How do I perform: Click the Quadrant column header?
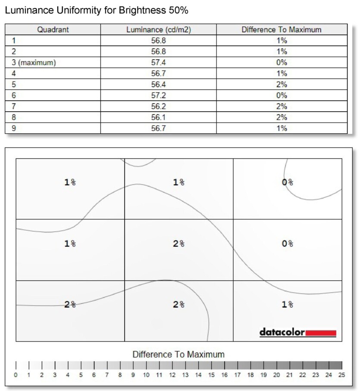click(53, 30)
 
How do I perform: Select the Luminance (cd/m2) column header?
click(158, 30)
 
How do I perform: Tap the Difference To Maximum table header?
click(282, 30)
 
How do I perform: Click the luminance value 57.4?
click(158, 63)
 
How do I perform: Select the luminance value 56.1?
click(158, 117)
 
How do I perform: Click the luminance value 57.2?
click(158, 95)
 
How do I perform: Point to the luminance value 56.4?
click(158, 84)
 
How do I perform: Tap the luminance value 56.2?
click(158, 106)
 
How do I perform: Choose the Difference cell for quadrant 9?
click(282, 128)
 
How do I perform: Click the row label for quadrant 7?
click(14, 106)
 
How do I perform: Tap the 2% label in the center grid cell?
click(178, 244)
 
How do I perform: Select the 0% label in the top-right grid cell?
click(288, 182)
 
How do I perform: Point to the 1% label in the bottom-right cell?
click(288, 305)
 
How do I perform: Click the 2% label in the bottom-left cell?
click(70, 305)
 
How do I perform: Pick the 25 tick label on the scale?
click(341, 375)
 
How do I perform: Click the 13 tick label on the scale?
click(185, 375)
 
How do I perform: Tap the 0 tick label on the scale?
click(16, 375)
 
